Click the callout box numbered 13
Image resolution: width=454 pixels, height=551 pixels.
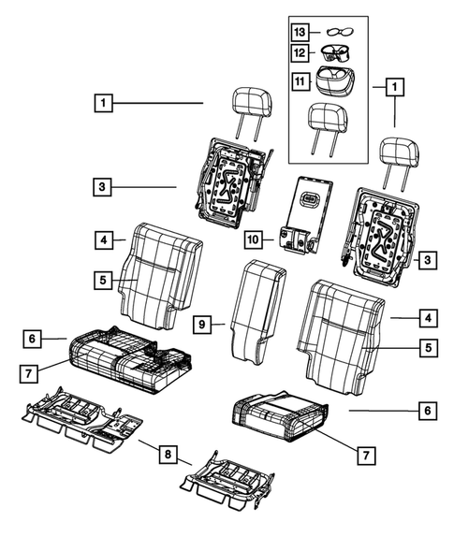(x=300, y=31)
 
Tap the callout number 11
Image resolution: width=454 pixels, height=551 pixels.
(x=300, y=81)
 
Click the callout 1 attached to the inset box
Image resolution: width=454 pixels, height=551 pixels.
(x=394, y=87)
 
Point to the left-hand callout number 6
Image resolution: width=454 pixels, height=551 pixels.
(x=31, y=338)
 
